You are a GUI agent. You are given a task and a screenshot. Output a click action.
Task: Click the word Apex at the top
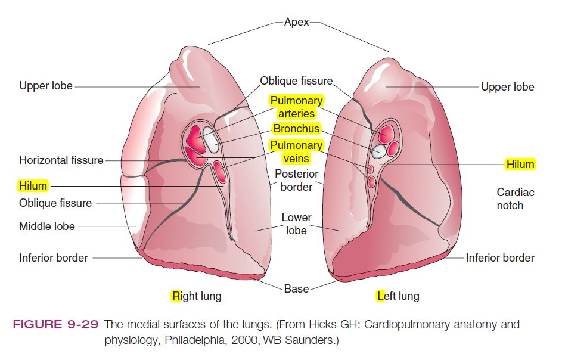tap(297, 22)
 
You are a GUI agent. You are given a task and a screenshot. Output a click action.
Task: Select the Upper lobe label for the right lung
tap(46, 86)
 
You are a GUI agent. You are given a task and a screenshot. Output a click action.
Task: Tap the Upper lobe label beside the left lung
tap(508, 87)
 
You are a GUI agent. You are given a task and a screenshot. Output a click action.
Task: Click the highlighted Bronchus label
tap(296, 129)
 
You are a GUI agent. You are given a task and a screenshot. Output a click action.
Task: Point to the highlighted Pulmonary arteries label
tap(296, 107)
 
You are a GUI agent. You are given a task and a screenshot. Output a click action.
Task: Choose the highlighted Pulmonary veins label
tap(296, 151)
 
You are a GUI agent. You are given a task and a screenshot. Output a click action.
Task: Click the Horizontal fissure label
tap(61, 160)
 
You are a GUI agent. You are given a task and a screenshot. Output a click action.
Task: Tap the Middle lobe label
tap(47, 226)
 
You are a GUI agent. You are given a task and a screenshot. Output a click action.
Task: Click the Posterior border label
tap(296, 180)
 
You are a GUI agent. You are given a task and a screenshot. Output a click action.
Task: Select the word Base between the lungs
tap(296, 289)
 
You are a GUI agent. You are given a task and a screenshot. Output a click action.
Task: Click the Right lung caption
tap(196, 296)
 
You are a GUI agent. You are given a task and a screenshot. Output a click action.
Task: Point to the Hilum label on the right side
tap(520, 164)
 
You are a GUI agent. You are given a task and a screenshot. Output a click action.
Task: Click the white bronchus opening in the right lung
tap(210, 136)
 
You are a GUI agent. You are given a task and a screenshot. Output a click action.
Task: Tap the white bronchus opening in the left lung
tap(377, 151)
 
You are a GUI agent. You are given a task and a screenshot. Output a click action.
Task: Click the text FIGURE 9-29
tap(56, 325)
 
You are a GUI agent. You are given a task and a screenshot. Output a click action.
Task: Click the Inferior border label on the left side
tap(54, 258)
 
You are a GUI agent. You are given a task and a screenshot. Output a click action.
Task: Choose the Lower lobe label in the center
tap(296, 224)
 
